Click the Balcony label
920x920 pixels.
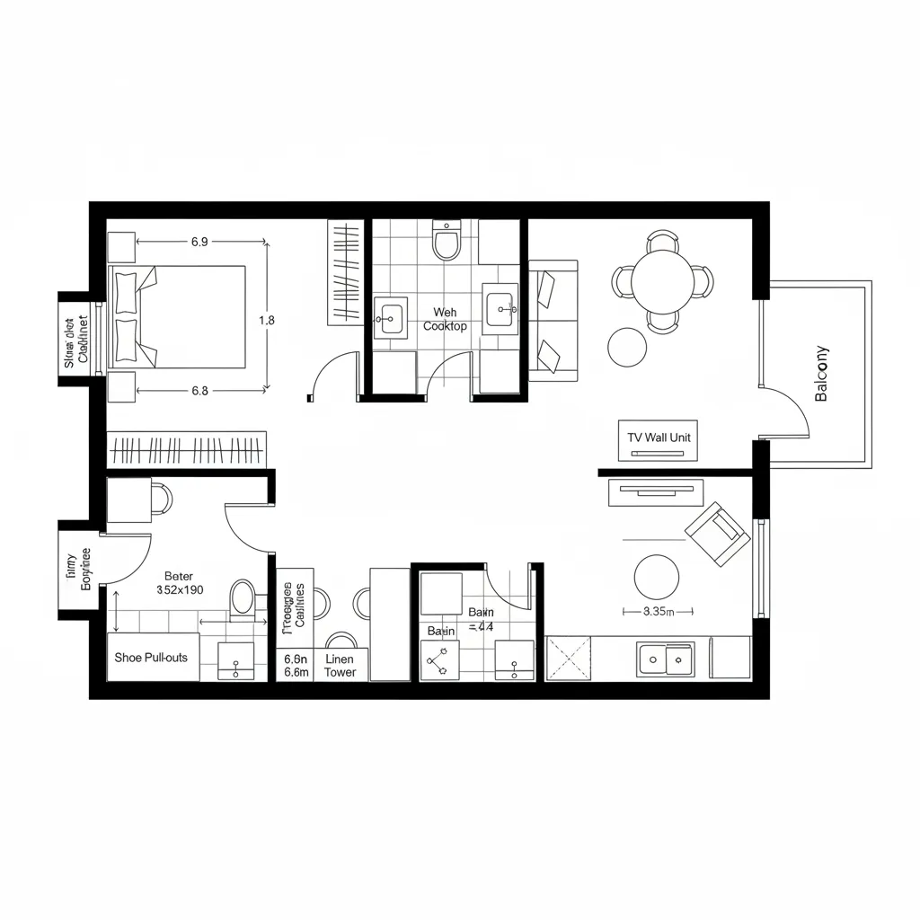[821, 374]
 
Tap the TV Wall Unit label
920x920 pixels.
[660, 437]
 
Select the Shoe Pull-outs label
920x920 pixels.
[151, 658]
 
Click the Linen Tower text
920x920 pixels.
[340, 666]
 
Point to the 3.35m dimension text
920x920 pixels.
[659, 611]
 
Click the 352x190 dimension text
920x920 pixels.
[180, 591]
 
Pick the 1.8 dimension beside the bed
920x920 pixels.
[266, 320]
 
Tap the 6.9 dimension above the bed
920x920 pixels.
[199, 242]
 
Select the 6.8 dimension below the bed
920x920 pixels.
[199, 391]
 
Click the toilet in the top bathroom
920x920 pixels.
[447, 241]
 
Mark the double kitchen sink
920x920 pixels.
[665, 659]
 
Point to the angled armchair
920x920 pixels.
[717, 534]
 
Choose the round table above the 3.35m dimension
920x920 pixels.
[656, 577]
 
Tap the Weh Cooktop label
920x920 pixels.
[445, 320]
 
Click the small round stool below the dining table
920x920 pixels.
[627, 346]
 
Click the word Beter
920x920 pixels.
[179, 577]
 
